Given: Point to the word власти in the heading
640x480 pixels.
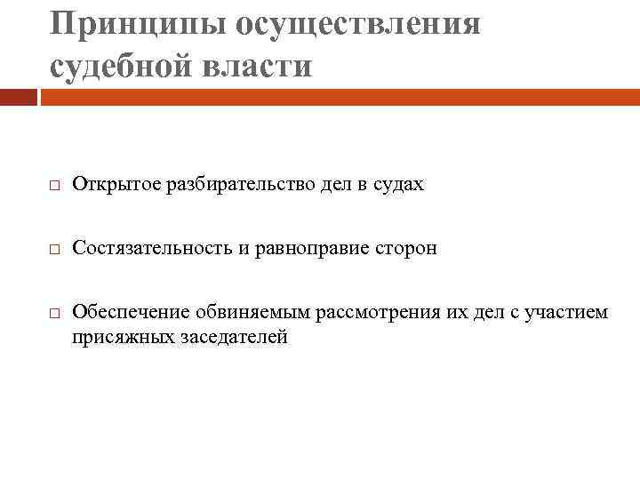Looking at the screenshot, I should [x=264, y=65].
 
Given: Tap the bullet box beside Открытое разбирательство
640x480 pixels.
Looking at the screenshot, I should [x=53, y=187].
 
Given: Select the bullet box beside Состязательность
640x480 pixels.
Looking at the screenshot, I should [x=53, y=250].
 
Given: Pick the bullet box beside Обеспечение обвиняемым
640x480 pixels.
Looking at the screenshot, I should [x=53, y=314].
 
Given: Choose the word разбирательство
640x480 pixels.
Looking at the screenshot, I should [x=231, y=185].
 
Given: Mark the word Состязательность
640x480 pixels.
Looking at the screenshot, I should [x=150, y=248].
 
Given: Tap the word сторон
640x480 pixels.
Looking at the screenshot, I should [x=404, y=248].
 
